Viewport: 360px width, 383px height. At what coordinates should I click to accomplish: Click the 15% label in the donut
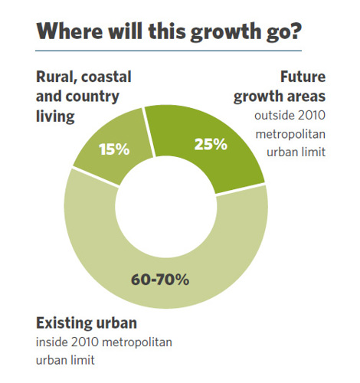click(113, 149)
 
